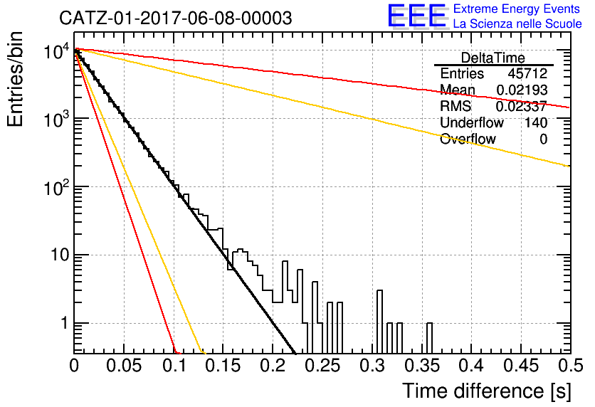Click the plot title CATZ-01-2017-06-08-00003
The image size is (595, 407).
coord(176,18)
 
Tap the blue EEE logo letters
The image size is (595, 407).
coord(417,16)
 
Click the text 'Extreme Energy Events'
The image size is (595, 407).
coord(517,9)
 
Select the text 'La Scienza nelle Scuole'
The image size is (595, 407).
coord(517,23)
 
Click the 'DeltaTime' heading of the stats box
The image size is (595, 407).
coord(493,58)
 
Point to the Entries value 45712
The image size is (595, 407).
coord(527,73)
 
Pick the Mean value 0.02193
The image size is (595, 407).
coord(522,90)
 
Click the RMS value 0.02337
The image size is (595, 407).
coord(522,107)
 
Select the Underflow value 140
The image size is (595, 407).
coord(536,122)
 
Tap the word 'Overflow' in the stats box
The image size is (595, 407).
coord(468,139)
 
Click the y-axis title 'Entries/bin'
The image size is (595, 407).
coord(15,79)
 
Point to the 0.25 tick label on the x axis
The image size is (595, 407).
coord(322,366)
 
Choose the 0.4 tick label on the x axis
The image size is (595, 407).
coord(472,366)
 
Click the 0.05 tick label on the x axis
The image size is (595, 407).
coord(124,366)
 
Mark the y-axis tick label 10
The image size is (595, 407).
coord(60,255)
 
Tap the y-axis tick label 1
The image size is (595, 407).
coord(64,323)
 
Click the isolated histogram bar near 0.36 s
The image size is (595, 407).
coord(429,338)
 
